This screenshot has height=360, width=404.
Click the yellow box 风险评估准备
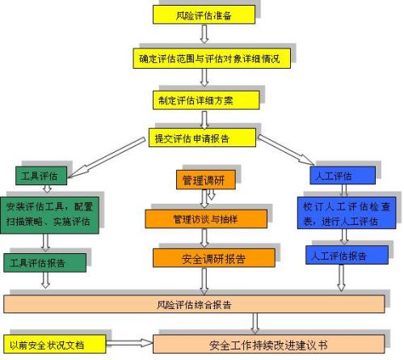204,15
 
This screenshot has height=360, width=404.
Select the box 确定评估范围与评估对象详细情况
212,58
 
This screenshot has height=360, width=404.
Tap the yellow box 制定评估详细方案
206,100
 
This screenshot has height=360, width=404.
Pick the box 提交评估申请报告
202,138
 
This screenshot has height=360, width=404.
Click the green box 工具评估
41,176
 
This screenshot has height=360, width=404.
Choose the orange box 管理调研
206,180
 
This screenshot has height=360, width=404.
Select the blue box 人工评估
343,176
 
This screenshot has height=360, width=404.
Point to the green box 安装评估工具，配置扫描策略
49,215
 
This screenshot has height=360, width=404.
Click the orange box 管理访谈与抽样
206,219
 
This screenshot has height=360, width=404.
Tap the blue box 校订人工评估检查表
347,213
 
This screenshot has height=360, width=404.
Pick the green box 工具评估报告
44,263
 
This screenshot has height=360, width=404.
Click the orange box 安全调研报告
214,258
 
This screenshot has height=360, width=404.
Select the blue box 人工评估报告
347,255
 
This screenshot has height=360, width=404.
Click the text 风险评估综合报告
194,305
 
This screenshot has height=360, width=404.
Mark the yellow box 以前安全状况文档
55,344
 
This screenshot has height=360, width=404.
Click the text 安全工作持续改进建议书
268,345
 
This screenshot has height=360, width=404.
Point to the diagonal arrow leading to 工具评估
107,158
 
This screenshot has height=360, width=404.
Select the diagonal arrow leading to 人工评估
286,150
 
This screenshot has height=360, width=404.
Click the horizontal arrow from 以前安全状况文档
129,343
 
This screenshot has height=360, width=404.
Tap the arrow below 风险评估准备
204,34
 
